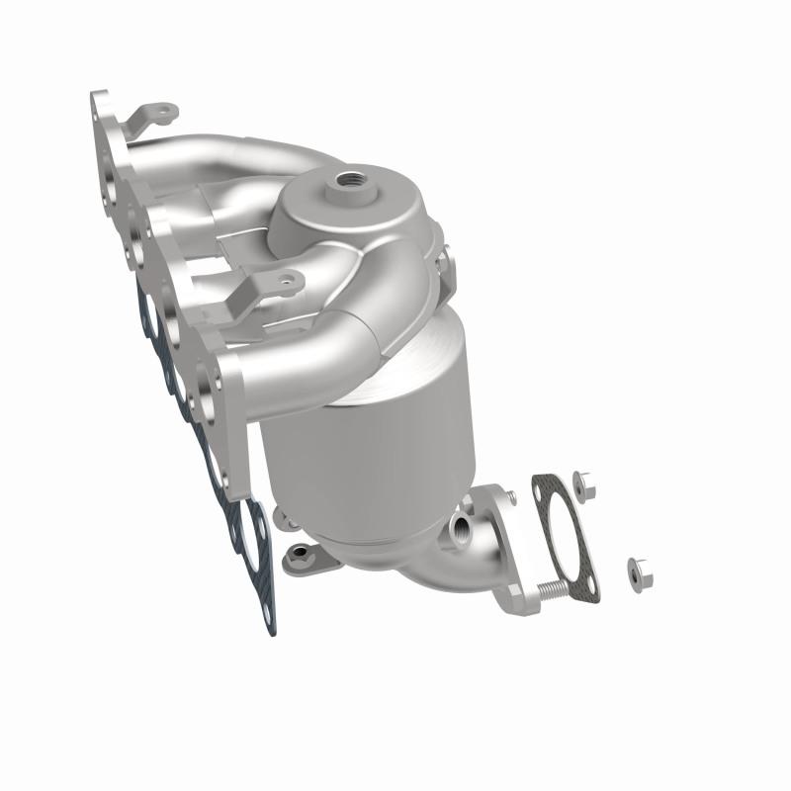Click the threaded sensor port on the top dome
tap(351, 181)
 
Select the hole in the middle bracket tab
tap(288, 283)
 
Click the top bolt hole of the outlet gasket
tap(542, 485)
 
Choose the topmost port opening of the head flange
tap(109, 133)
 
